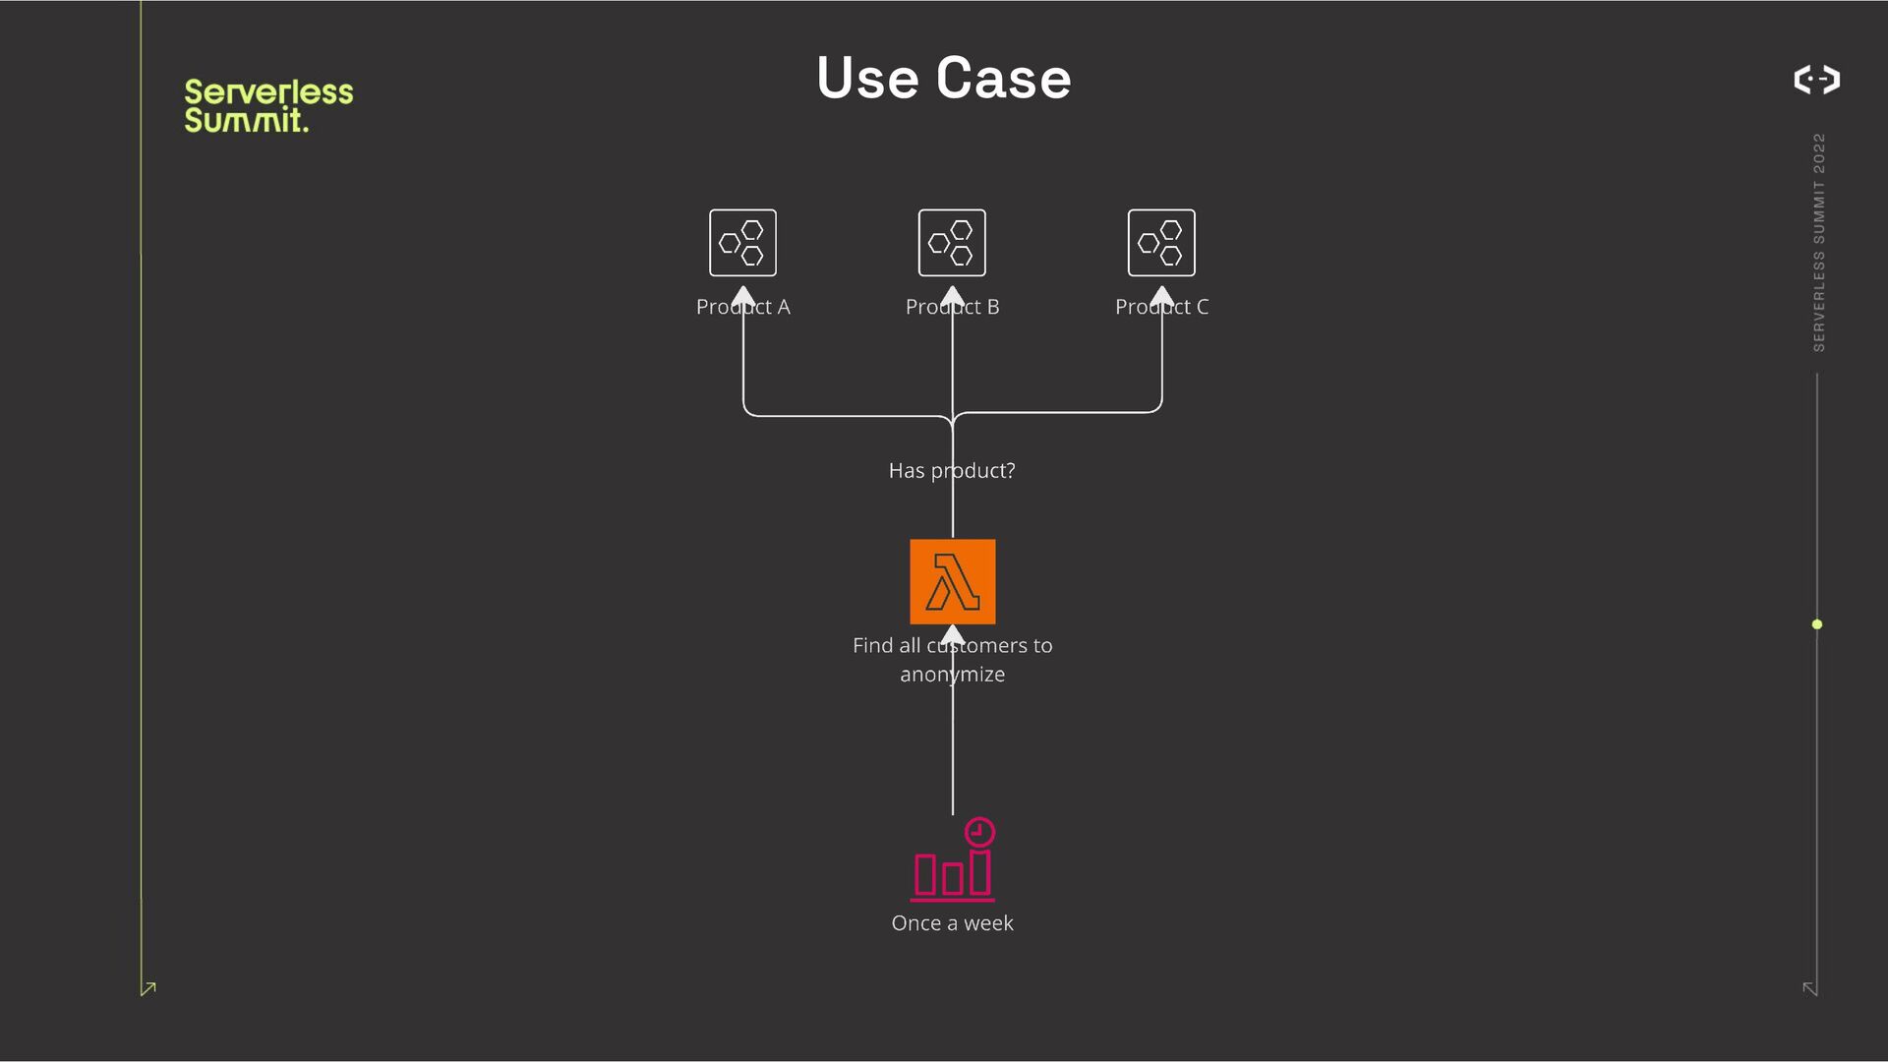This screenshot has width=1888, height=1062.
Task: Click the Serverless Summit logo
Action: (267, 105)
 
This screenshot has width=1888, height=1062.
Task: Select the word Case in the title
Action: (1003, 78)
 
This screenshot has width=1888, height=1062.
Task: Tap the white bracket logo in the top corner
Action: (1816, 80)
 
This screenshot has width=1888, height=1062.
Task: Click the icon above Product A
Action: (742, 243)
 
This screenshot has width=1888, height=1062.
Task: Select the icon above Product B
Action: (952, 243)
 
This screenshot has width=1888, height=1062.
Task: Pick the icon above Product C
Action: (1161, 243)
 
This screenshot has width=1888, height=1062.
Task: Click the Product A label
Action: (742, 307)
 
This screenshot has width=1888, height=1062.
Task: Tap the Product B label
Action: (952, 307)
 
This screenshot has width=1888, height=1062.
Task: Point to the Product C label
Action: (1161, 307)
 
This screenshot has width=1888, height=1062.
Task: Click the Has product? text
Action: (952, 471)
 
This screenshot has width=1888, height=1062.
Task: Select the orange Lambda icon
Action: (952, 581)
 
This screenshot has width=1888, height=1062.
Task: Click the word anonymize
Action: (952, 675)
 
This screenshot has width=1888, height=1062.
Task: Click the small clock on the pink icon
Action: (979, 832)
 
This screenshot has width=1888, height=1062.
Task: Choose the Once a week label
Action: (952, 923)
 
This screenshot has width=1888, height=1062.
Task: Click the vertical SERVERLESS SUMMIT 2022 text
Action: (1818, 242)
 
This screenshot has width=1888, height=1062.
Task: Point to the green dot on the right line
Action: (1817, 624)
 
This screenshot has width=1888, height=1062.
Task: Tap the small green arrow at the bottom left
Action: (148, 988)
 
